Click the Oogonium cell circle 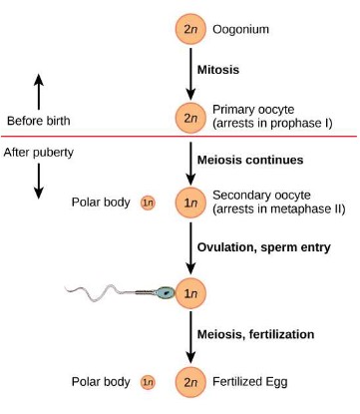(189, 29)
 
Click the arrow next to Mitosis (189, 72)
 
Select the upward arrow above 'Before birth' (39, 91)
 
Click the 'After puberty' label (40, 153)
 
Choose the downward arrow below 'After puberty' (39, 181)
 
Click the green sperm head (166, 293)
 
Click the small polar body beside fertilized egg (148, 382)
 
